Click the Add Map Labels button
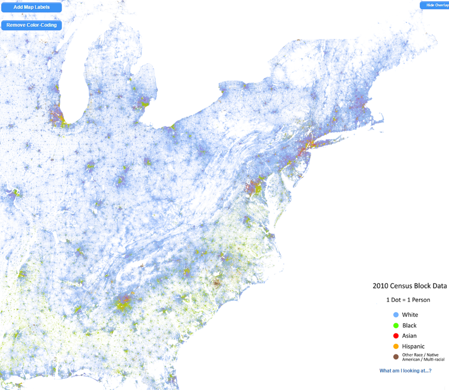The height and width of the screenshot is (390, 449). (31, 8)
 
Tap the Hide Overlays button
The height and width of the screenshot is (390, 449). (434, 5)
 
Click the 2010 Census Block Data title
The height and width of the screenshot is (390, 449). (409, 286)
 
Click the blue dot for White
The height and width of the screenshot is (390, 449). (396, 314)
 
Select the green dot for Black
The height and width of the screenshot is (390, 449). (396, 325)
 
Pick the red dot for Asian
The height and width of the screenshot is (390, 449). (396, 336)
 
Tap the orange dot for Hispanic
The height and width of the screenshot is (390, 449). (396, 346)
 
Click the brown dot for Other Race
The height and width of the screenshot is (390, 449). (396, 357)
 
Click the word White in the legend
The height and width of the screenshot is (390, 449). (410, 314)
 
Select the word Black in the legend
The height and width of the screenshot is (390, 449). (409, 325)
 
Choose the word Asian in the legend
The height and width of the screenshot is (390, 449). (409, 336)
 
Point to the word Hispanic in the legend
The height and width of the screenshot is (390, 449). (413, 346)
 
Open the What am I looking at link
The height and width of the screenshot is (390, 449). (405, 371)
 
